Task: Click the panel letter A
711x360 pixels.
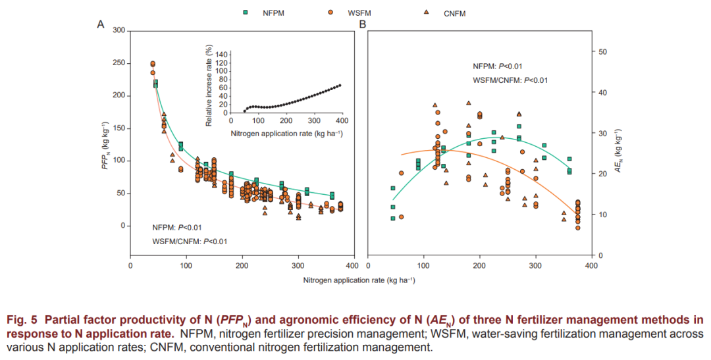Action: [x=101, y=25]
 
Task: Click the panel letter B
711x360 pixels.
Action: [x=362, y=25]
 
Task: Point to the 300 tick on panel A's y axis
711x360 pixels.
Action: [x=118, y=30]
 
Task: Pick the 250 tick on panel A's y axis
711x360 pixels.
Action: [x=118, y=63]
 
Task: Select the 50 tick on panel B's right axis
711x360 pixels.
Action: [x=602, y=52]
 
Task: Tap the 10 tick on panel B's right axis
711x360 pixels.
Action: [x=602, y=215]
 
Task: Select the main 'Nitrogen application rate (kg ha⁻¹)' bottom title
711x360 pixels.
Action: [x=359, y=280]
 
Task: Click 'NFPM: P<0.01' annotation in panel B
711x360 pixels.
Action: [x=498, y=66]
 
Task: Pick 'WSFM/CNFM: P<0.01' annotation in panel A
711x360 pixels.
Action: [x=190, y=242]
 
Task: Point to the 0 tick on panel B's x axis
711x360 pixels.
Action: [x=367, y=265]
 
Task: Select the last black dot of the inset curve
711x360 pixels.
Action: [x=340, y=86]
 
